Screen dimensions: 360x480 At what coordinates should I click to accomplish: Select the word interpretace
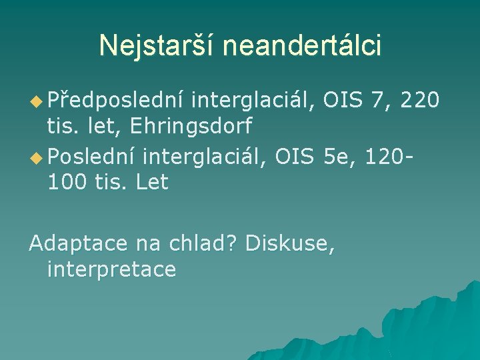(112, 269)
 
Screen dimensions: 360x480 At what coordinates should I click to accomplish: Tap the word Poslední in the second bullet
(93, 157)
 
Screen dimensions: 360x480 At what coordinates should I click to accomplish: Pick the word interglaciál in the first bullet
(254, 101)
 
